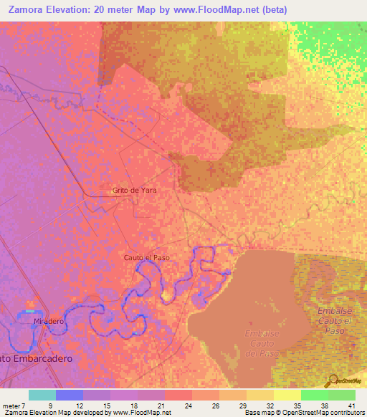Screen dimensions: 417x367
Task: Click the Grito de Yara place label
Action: pyautogui.click(x=134, y=191)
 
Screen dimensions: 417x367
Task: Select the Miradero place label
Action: pyautogui.click(x=49, y=322)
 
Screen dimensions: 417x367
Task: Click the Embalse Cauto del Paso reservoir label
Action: pyautogui.click(x=261, y=344)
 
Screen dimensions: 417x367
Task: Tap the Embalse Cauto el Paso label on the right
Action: pyautogui.click(x=335, y=320)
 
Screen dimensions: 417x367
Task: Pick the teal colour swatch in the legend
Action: pyautogui.click(x=42, y=395)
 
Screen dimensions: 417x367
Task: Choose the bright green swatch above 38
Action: pyautogui.click(x=315, y=395)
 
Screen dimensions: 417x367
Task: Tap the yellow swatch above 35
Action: pyautogui.click(x=287, y=395)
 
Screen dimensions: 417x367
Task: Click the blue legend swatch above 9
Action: pyautogui.click(x=70, y=395)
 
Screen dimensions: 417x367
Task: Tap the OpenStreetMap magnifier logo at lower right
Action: pyautogui.click(x=332, y=380)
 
